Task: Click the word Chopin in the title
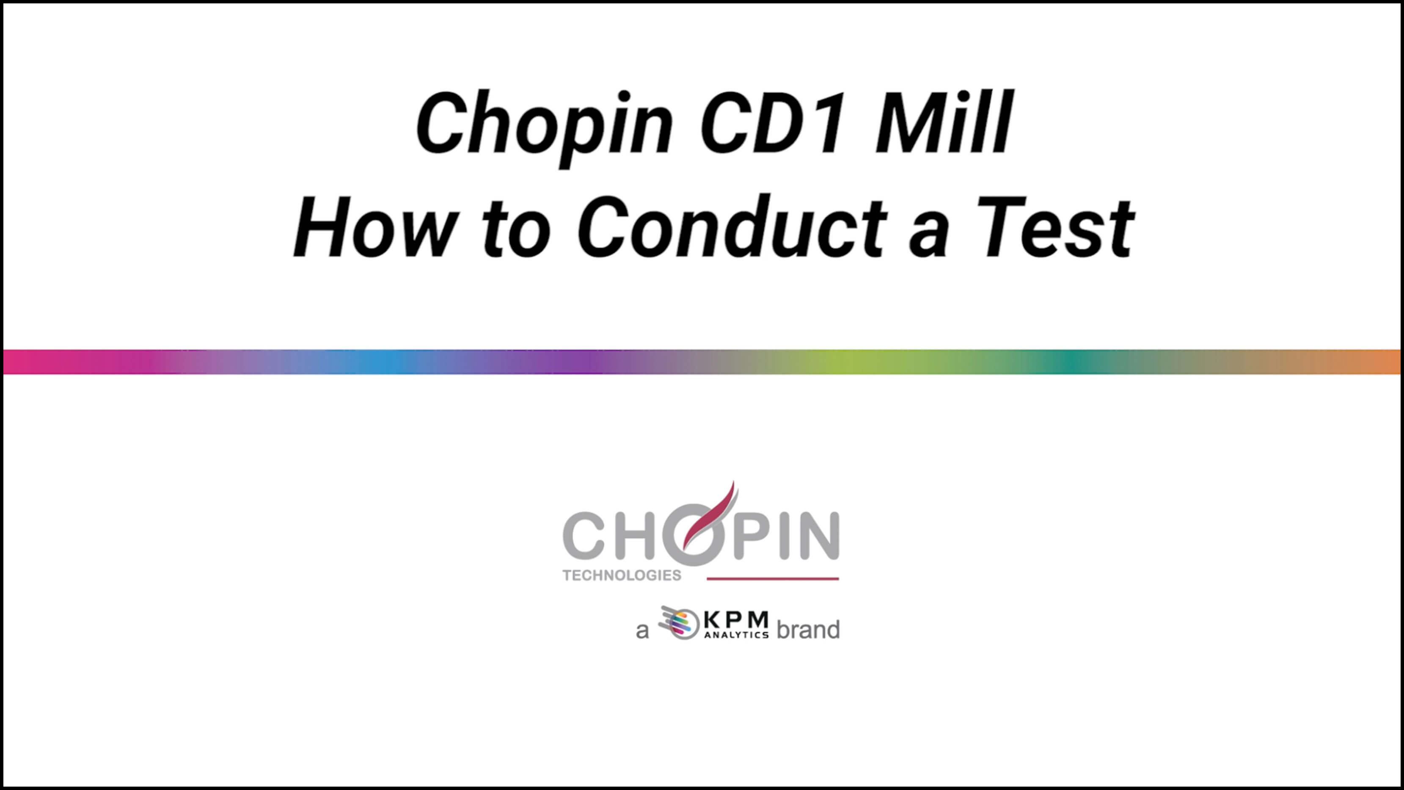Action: [545, 127]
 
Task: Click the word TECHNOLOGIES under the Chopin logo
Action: [622, 575]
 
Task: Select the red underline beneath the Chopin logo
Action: [773, 578]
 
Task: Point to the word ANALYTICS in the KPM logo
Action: [736, 635]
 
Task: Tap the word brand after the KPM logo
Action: [808, 630]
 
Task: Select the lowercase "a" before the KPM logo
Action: [643, 631]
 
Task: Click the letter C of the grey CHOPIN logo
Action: [584, 536]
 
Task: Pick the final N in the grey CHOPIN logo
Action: [815, 536]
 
